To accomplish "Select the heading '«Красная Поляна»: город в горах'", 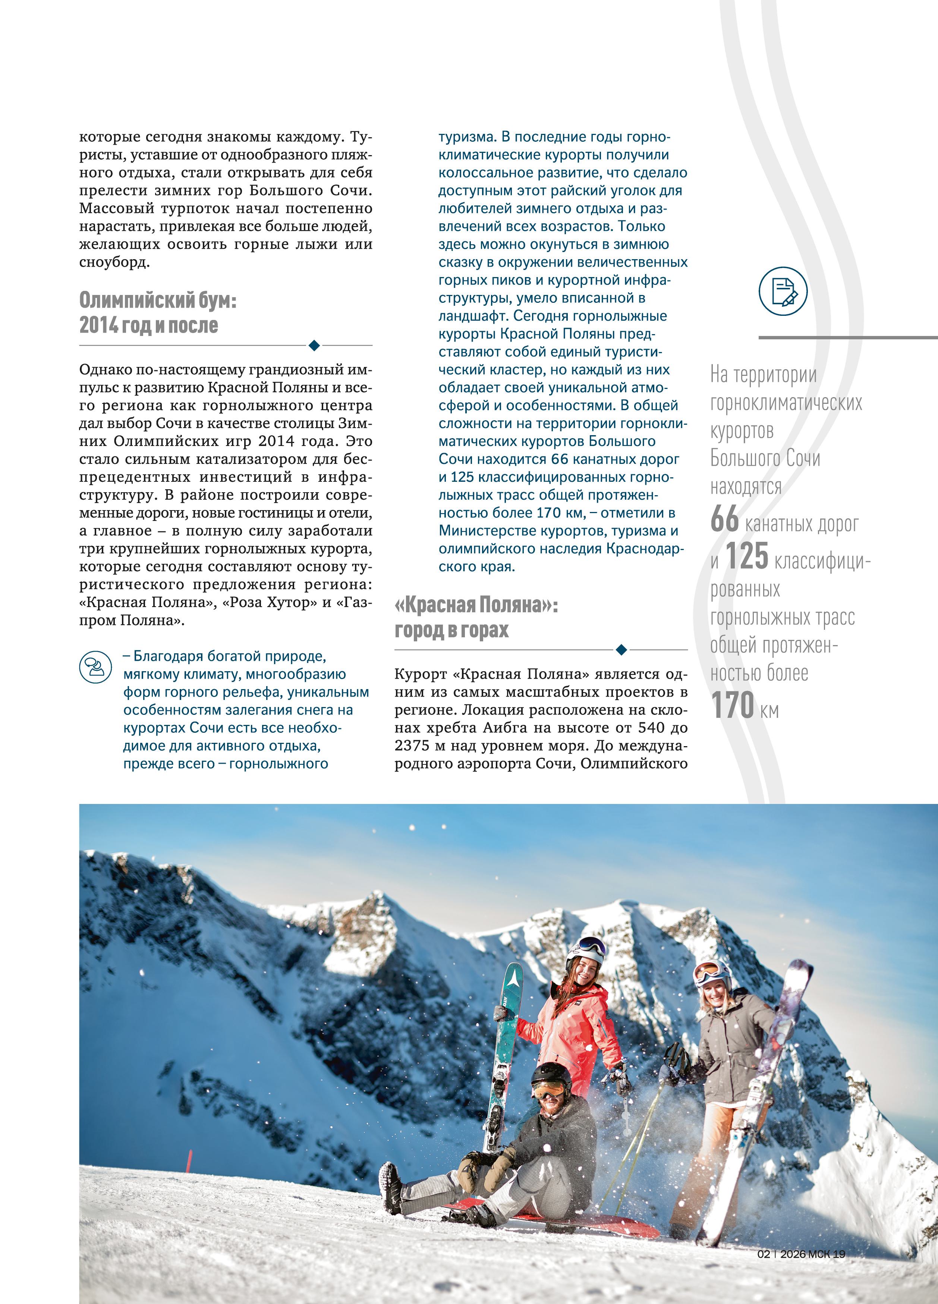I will point(476,618).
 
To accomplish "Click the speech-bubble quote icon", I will point(95,667).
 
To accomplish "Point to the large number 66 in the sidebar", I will point(724,519).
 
